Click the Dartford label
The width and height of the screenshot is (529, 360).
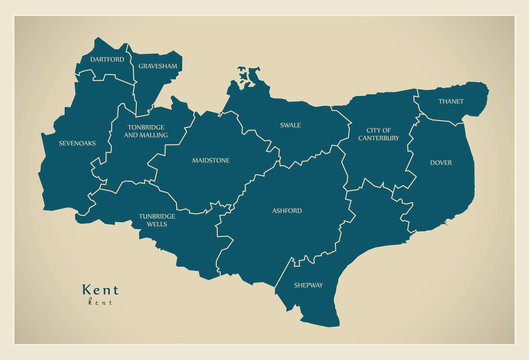107,60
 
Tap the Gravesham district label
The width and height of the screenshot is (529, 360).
158,66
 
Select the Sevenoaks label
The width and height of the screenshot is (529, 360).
77,143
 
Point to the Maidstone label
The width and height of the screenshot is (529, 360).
211,160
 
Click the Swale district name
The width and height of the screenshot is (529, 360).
290,126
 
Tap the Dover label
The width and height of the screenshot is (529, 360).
441,162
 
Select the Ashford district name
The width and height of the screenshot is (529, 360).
287,211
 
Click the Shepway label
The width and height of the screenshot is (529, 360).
309,285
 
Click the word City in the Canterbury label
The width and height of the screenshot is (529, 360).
379,130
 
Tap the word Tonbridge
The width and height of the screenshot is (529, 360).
147,127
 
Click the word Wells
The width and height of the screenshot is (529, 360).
158,225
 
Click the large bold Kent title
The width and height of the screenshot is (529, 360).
99,289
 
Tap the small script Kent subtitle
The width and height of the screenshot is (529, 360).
99,301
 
